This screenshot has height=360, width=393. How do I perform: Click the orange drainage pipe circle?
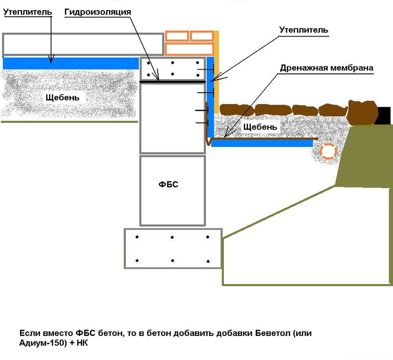pos(328,151)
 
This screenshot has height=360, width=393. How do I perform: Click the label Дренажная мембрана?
pos(326,68)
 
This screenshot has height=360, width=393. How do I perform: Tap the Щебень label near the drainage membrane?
pos(260,127)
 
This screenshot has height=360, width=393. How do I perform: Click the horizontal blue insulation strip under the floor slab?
pos(70,63)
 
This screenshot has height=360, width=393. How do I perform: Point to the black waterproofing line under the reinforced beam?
pos(173,82)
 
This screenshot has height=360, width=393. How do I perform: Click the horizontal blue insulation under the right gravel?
pos(262,143)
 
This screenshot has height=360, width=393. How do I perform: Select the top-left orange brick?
pos(177,36)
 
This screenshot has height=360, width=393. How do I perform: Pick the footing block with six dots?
pos(173,249)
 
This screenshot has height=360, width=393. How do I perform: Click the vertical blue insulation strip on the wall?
pos(210,101)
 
